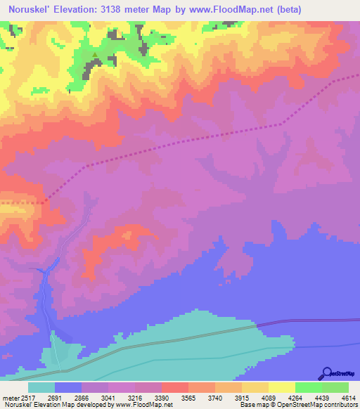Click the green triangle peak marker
pyautogui.click(x=95, y=53)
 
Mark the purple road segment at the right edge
pyautogui.click(x=323, y=321)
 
